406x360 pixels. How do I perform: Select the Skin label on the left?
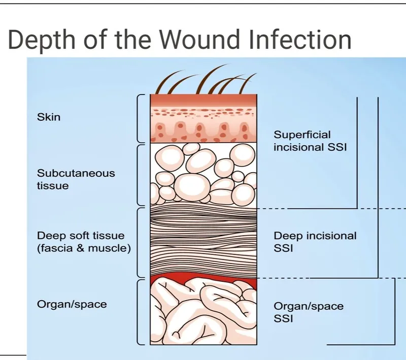49,117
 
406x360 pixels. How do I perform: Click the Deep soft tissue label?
81,236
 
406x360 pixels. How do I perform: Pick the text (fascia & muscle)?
84,249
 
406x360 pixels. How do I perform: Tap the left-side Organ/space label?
72,304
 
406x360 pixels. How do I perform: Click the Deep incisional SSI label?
315,242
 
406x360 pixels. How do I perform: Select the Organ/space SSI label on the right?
309,312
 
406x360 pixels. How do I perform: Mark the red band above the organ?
203,278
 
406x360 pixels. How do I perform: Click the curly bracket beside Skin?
141,118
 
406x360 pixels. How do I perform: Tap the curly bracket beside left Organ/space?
141,311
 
